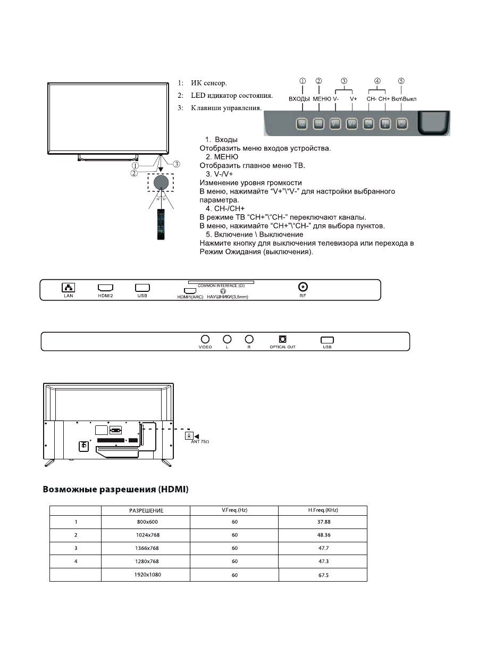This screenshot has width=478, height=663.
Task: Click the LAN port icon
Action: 69,287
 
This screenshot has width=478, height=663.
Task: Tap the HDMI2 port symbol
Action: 105,287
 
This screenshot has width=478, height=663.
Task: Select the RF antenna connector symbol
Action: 304,286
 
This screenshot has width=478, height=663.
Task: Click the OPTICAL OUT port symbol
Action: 282,339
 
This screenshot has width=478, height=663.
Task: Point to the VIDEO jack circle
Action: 205,339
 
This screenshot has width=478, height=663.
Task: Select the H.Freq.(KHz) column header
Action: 323,510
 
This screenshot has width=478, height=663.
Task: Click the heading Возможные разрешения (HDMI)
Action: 115,489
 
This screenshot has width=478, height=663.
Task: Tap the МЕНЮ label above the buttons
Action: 322,99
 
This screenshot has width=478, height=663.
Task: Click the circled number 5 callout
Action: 401,81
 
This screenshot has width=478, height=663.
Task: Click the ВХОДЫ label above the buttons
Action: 299,99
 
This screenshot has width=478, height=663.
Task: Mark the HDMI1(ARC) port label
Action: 190,297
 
